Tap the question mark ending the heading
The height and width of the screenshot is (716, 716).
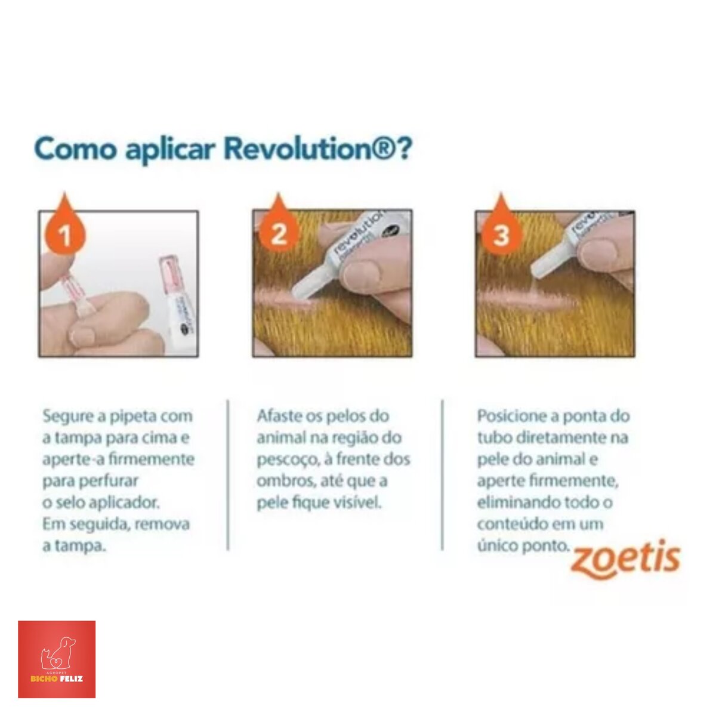tap(405, 149)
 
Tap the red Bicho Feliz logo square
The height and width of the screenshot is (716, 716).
tap(57, 659)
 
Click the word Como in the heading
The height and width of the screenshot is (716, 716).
tap(75, 149)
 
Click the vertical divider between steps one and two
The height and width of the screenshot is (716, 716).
tap(228, 475)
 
